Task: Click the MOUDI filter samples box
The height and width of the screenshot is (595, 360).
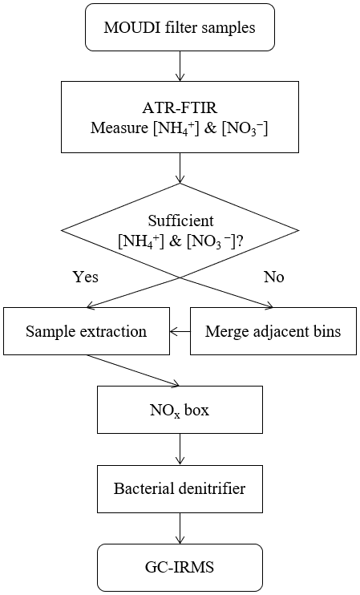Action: (180, 27)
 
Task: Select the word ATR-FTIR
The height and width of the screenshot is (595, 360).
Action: (180, 108)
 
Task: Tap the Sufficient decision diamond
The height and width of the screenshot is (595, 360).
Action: (180, 230)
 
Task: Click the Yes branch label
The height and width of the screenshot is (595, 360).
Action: (85, 277)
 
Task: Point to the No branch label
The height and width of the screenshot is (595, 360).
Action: (274, 277)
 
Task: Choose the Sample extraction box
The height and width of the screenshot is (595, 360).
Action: (87, 331)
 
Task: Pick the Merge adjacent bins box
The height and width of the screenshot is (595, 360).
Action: (273, 331)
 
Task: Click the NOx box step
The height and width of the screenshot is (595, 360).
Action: (180, 410)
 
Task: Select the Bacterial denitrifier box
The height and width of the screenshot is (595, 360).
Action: (180, 489)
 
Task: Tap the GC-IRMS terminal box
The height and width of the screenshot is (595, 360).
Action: (180, 567)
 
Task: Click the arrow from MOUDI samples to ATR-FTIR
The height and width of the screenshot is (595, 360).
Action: (180, 66)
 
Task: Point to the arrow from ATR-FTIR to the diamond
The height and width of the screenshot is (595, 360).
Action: (180, 168)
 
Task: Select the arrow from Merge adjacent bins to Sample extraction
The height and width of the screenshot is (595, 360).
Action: (180, 332)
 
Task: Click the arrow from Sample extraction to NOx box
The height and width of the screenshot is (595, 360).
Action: (133, 370)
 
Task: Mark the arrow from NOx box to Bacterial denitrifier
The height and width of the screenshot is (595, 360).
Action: (180, 449)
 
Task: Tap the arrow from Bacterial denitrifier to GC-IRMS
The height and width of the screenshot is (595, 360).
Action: (180, 528)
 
